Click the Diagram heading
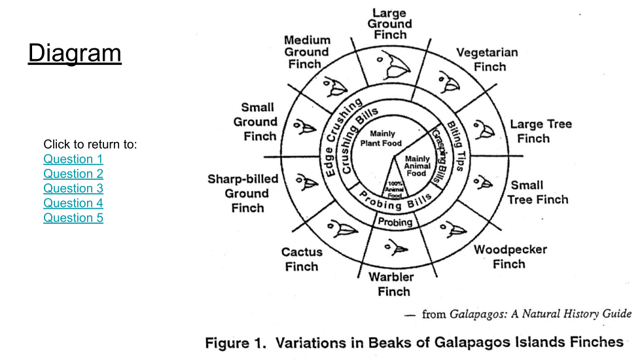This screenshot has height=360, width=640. click(x=75, y=53)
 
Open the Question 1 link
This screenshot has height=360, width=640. click(x=73, y=159)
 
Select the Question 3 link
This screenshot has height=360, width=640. click(x=73, y=189)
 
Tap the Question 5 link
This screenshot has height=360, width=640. click(x=73, y=218)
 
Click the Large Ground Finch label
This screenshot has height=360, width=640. click(x=390, y=24)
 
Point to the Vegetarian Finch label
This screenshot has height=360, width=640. click(x=487, y=60)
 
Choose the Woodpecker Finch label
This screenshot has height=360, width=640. click(x=510, y=257)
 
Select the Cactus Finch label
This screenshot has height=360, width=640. click(x=302, y=259)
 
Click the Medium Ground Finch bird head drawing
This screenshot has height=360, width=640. click(x=336, y=86)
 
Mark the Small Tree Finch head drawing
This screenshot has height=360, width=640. click(x=482, y=182)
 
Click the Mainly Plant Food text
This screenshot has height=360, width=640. click(x=382, y=139)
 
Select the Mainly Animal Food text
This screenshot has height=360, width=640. click(x=418, y=166)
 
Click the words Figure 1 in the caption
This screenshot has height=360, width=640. click(x=236, y=343)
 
